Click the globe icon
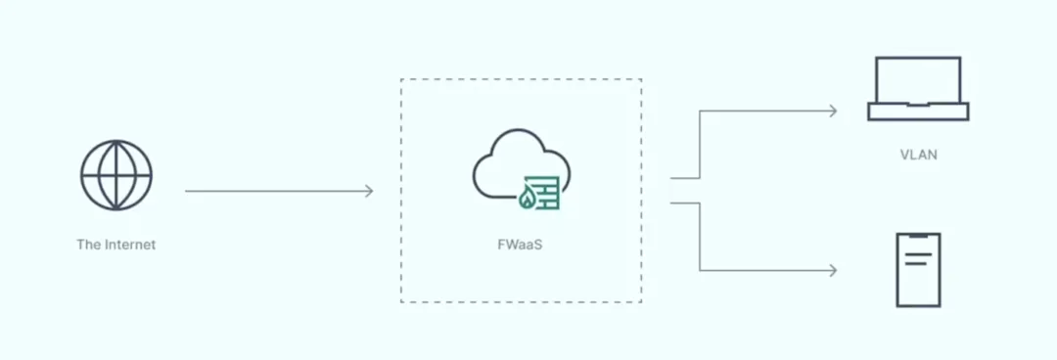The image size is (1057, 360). [x=115, y=175]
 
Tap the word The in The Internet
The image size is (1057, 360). [x=87, y=245]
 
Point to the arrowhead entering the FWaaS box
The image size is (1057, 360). [x=369, y=191]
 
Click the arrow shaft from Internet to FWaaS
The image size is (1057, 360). [x=274, y=191]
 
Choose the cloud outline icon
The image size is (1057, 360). [x=509, y=166]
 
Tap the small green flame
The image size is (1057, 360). [x=528, y=201]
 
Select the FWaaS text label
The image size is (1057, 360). [x=520, y=245]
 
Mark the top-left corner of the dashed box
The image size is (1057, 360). [x=401, y=80]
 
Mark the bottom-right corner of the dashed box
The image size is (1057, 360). [x=641, y=301]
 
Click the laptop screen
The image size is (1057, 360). [x=917, y=80]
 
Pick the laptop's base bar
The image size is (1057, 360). [x=917, y=112]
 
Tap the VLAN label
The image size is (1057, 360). [x=918, y=155]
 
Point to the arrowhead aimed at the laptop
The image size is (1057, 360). [x=833, y=111]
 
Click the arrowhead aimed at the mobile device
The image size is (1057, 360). [x=833, y=270]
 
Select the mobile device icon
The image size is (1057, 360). [x=918, y=270]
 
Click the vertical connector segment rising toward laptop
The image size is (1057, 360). [x=700, y=145]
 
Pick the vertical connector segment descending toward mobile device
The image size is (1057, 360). [x=700, y=237]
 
